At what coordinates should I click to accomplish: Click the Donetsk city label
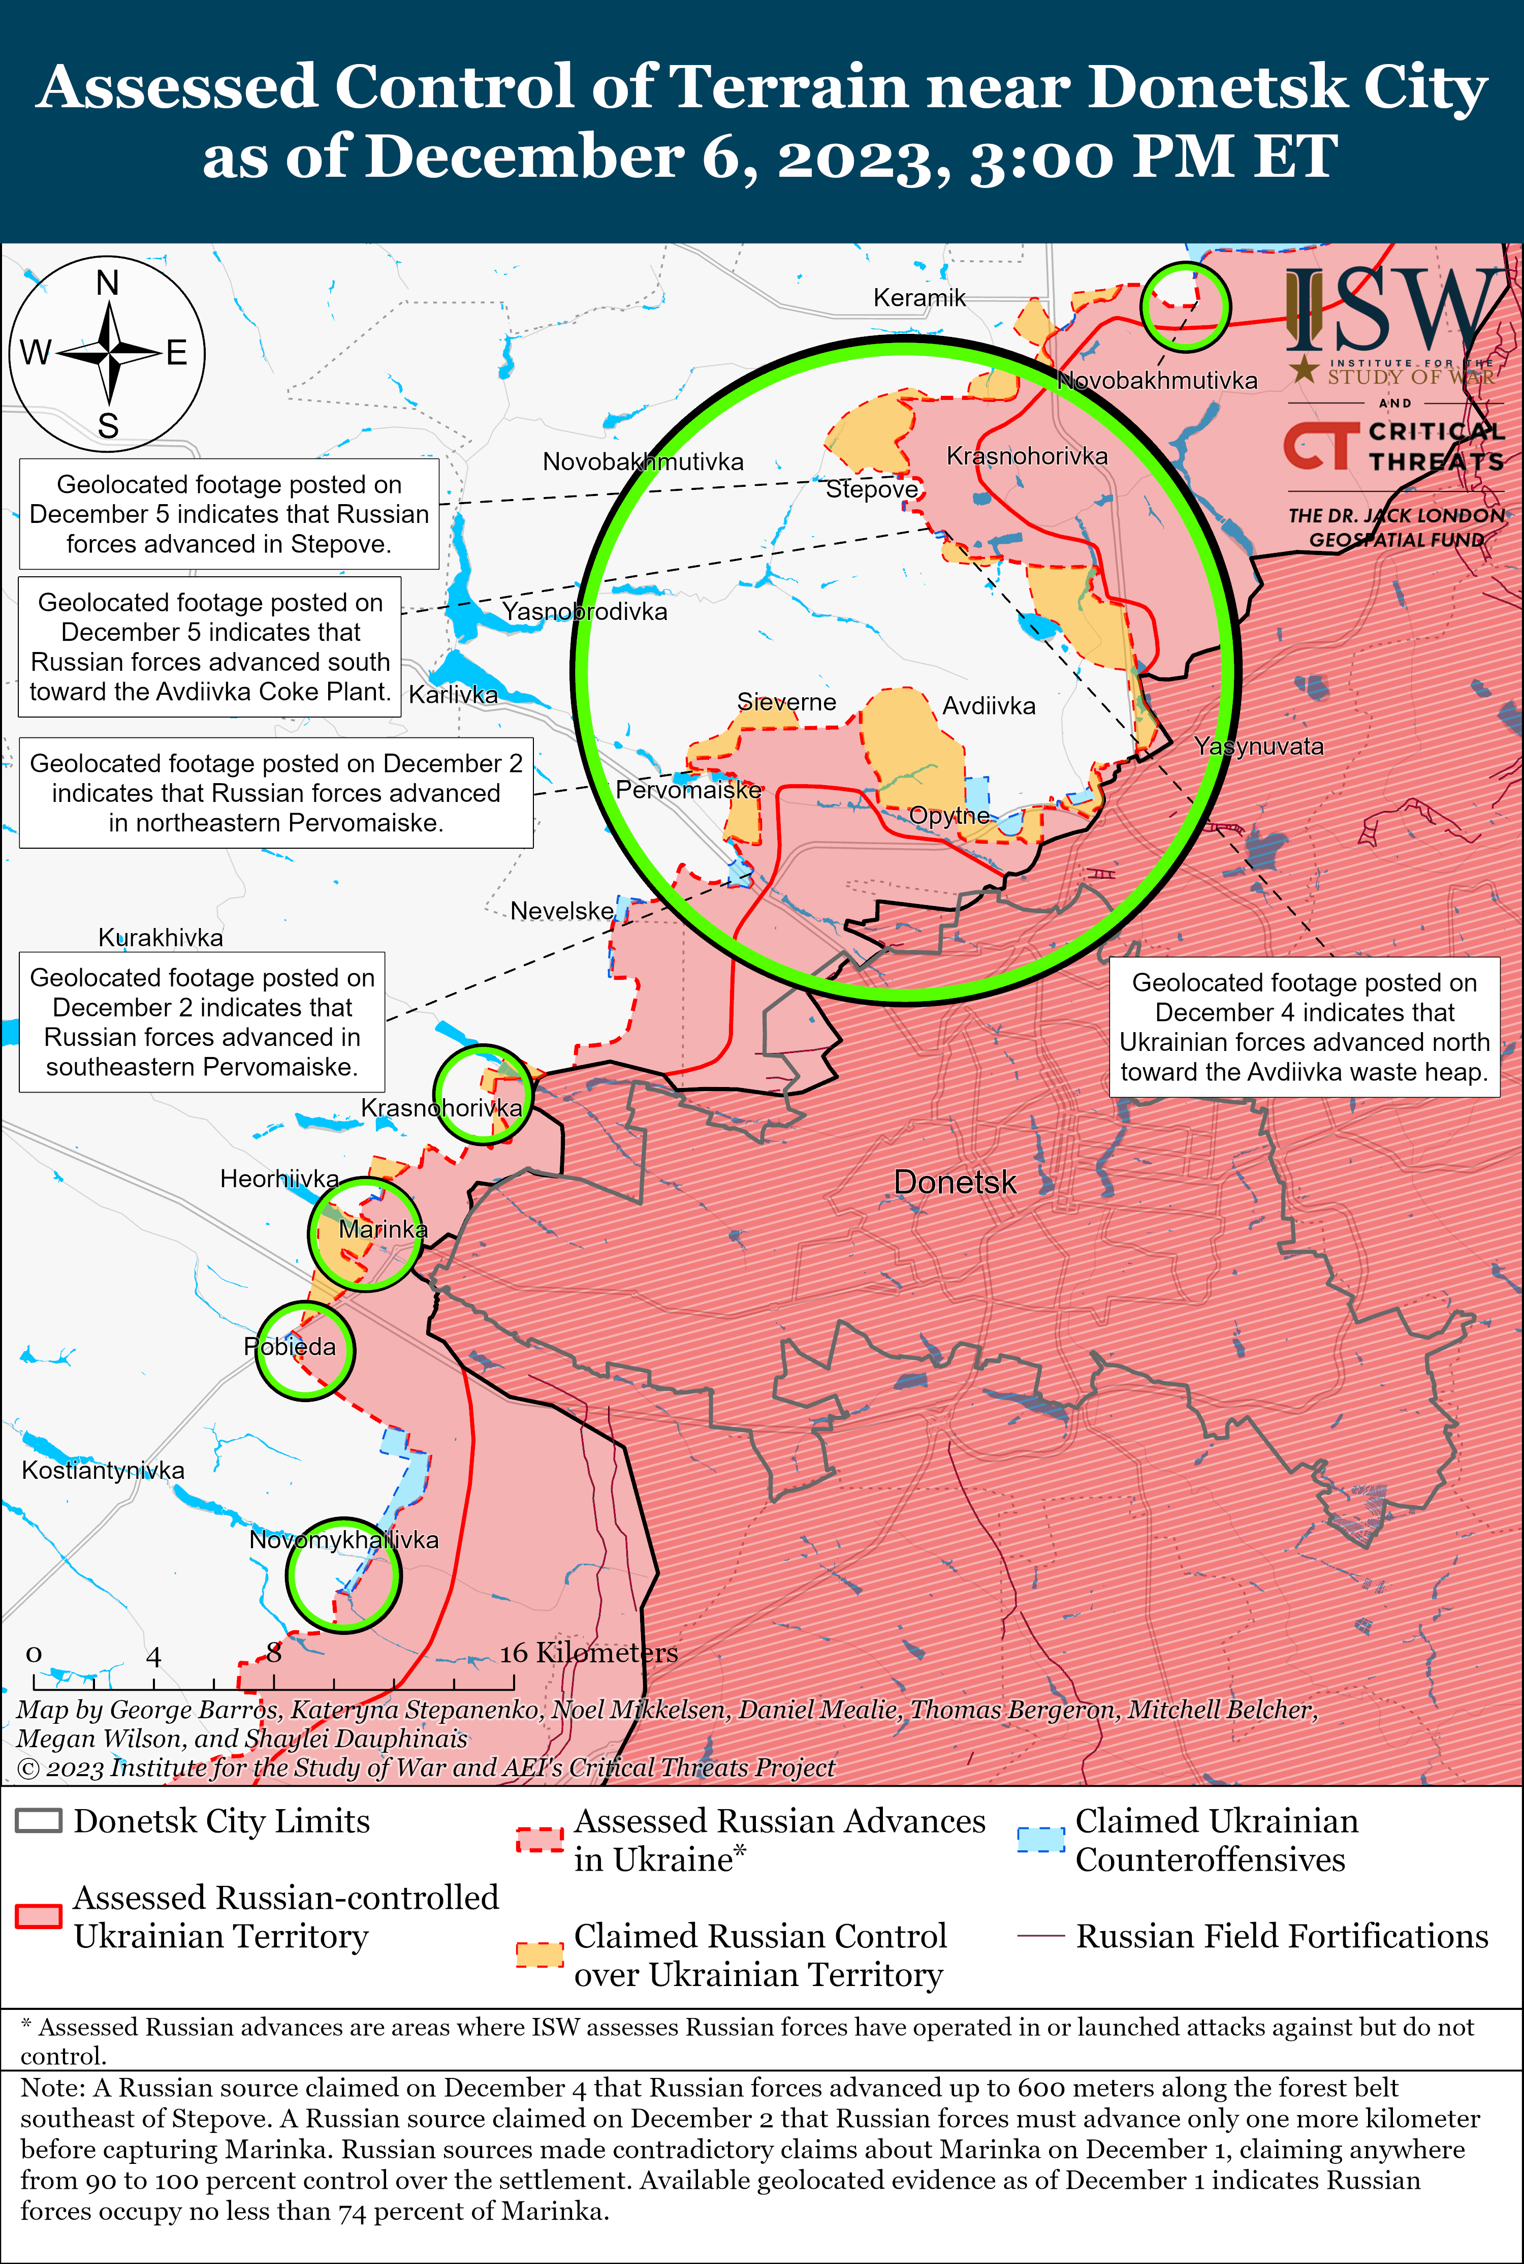pos(955,1182)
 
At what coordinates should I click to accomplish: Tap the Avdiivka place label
pos(989,706)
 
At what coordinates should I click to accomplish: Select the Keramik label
pos(918,297)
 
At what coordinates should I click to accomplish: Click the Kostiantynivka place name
pos(103,1470)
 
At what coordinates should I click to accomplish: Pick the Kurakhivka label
pos(161,937)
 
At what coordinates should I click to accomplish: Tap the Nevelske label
pos(562,911)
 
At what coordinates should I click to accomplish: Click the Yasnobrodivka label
pos(584,611)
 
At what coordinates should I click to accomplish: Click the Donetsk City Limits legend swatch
pos(39,1821)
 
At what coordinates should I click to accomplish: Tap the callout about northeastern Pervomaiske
pos(276,793)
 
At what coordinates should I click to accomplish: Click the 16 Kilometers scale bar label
pos(588,1653)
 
